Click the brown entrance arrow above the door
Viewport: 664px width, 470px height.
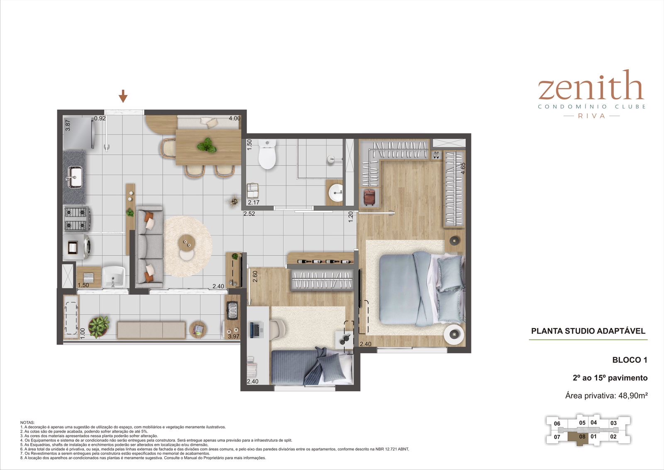pos(123,96)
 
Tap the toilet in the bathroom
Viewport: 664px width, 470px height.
pos(267,154)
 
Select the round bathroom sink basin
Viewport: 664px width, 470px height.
pos(336,193)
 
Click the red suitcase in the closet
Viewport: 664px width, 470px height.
pos(369,197)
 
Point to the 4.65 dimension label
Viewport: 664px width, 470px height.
pos(463,168)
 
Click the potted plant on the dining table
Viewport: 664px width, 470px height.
pos(207,145)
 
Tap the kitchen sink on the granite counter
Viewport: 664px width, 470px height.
pos(75,177)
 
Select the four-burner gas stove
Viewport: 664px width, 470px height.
pos(76,219)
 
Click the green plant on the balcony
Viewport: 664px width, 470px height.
pos(99,326)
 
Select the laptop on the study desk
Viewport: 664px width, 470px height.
pos(255,330)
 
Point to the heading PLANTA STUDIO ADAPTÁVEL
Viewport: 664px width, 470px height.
pos(588,331)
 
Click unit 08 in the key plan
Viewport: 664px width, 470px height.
pos(582,436)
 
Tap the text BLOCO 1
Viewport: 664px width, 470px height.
pos(630,360)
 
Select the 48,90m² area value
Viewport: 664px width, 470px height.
pos(633,395)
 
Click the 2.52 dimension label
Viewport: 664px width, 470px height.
pos(249,213)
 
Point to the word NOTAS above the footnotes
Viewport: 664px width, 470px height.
pos(27,423)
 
